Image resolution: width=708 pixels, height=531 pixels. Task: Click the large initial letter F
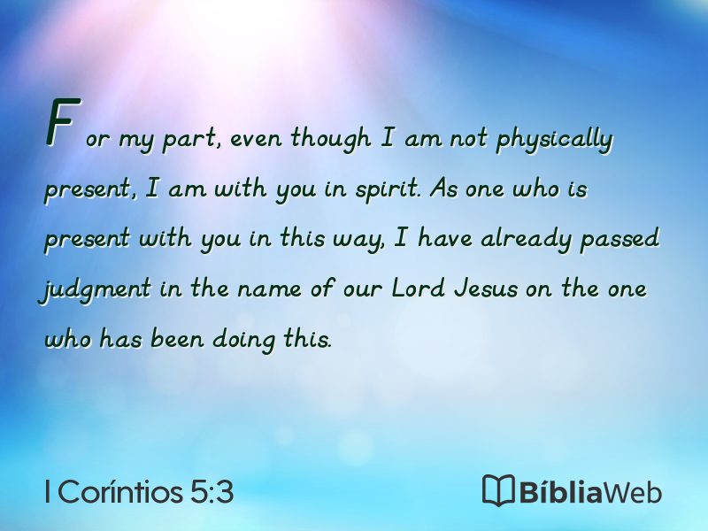63,122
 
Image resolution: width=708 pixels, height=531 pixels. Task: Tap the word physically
555,139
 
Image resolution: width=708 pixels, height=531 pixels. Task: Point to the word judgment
95,289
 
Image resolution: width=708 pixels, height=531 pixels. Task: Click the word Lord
419,288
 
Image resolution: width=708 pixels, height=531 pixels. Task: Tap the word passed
620,239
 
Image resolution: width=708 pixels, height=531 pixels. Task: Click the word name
270,289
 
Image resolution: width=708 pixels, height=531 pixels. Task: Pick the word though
331,138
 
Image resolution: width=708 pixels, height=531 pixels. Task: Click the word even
256,140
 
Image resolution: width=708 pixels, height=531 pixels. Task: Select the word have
445,238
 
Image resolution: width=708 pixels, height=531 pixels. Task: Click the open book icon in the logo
498,490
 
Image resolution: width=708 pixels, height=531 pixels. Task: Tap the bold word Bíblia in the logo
560,491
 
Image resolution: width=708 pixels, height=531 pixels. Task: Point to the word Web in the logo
633,492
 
